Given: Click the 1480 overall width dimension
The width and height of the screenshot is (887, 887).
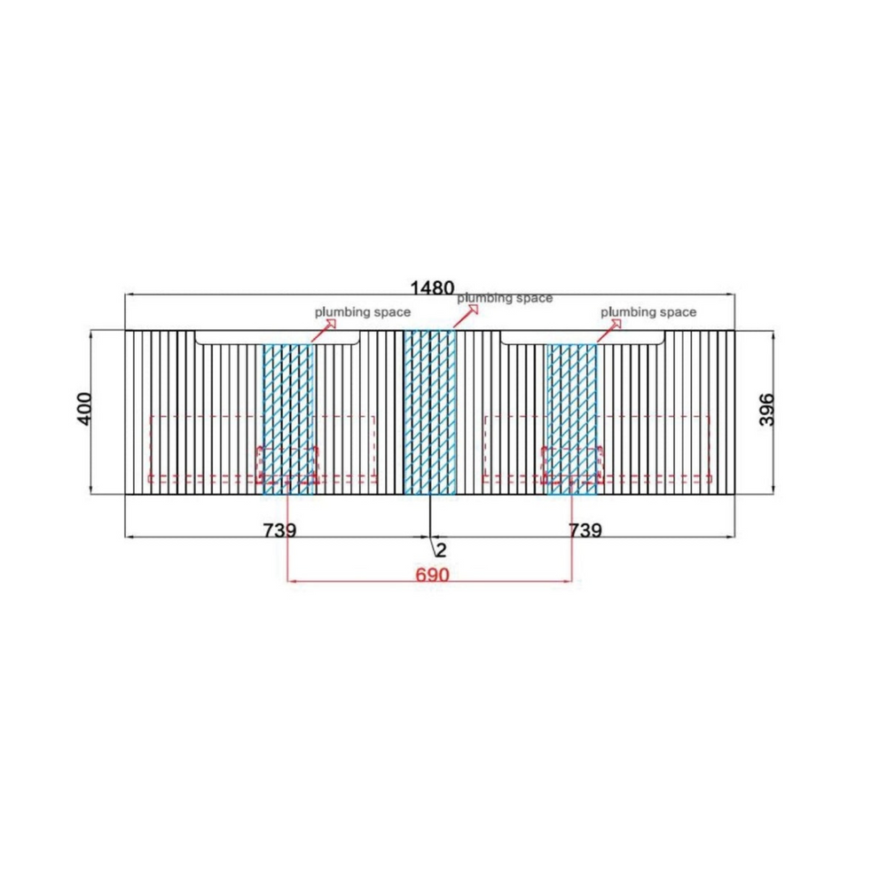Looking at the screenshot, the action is click(432, 288).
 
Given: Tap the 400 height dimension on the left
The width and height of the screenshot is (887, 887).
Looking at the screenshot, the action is click(83, 408).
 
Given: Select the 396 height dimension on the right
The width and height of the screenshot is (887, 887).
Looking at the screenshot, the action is click(766, 410).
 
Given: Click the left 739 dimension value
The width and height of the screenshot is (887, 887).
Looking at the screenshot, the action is click(279, 530).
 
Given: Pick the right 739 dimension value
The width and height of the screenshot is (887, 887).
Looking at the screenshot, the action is click(585, 530).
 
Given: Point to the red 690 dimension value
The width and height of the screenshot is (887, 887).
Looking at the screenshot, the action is click(432, 575).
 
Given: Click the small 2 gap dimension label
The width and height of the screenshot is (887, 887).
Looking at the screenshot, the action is click(441, 550).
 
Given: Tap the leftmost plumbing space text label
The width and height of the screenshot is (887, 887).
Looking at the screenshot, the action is click(363, 312).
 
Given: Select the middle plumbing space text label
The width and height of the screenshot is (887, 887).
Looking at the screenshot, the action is click(505, 298).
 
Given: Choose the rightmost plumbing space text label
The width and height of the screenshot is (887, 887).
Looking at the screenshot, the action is click(648, 312).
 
